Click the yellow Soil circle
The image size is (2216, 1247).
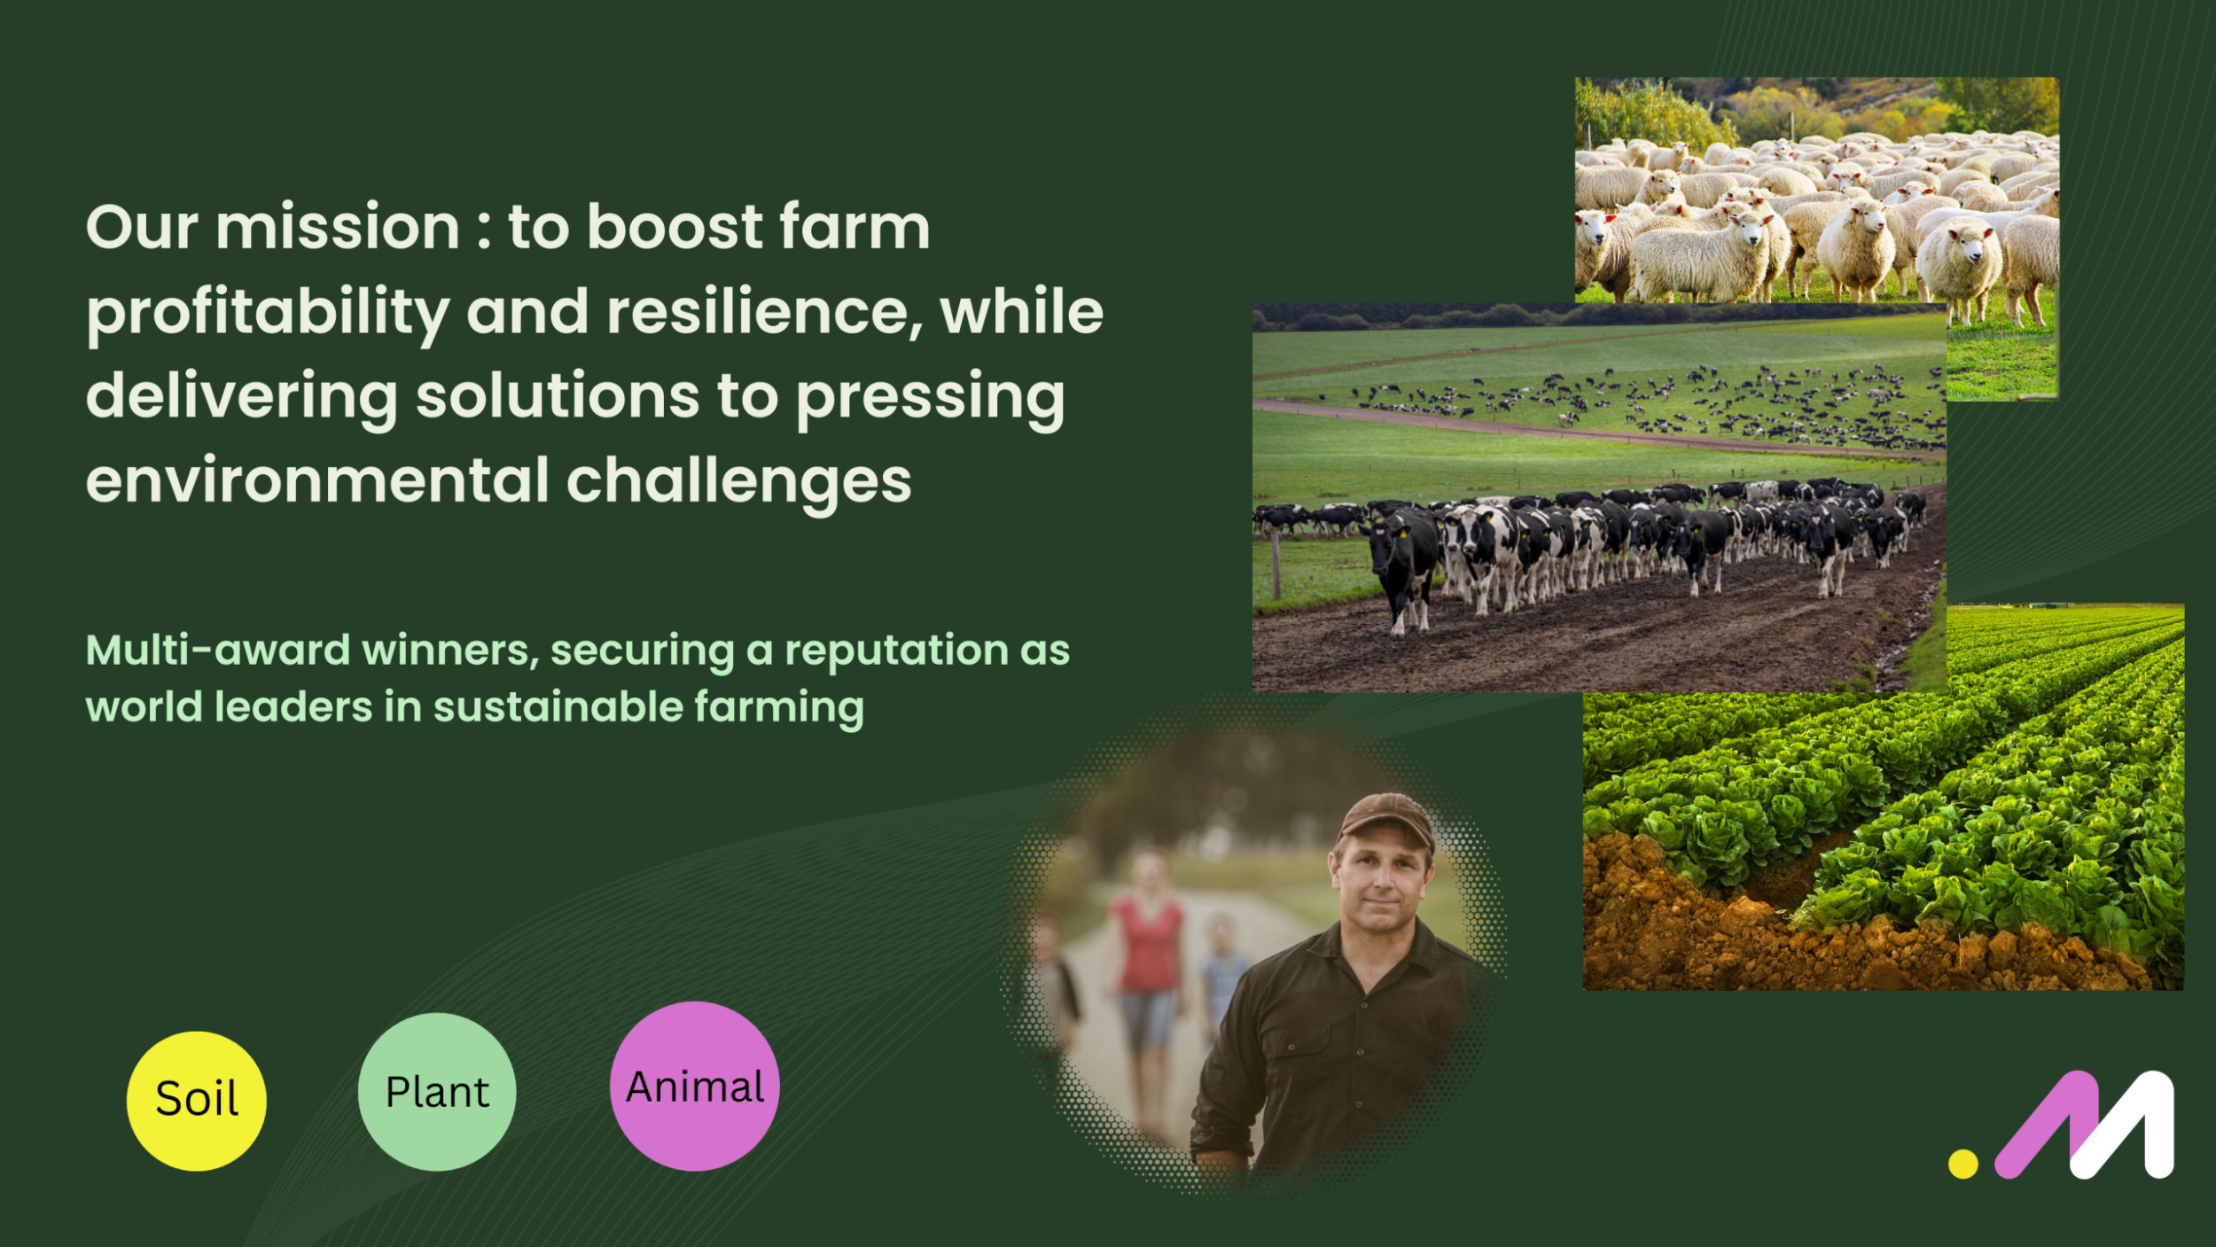[x=196, y=1101]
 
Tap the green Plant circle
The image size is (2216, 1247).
[x=437, y=1092]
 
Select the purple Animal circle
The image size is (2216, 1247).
[x=695, y=1087]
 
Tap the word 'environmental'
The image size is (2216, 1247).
[x=318, y=481]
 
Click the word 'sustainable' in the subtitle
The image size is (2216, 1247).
[x=558, y=707]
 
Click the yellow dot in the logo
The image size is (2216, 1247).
[x=1963, y=1164]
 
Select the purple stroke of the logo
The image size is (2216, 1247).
[x=2047, y=1123]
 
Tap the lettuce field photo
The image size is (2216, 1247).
[x=1884, y=798]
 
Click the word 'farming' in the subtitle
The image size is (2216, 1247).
[x=779, y=708]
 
